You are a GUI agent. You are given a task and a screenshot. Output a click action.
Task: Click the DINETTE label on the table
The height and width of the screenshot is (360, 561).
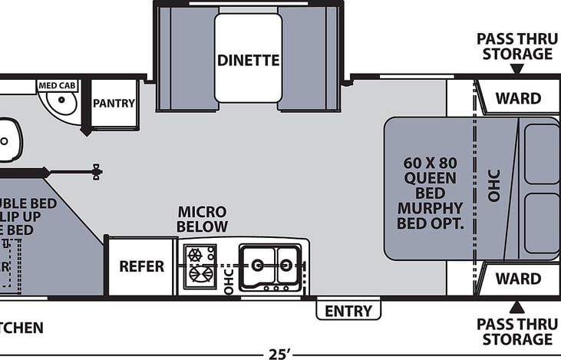click(247, 60)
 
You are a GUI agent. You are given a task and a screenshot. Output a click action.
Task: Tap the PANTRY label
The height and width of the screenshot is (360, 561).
click(114, 104)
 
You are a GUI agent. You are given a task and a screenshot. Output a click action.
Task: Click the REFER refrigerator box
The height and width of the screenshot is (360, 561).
click(141, 266)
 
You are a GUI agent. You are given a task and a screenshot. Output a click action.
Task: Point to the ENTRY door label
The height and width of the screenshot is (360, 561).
click(348, 311)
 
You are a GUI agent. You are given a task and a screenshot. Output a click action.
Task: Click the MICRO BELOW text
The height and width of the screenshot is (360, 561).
click(202, 219)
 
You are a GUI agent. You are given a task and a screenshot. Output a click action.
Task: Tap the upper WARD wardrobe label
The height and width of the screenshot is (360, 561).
click(517, 98)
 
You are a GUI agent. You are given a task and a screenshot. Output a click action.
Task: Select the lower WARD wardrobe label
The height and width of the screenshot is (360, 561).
click(517, 279)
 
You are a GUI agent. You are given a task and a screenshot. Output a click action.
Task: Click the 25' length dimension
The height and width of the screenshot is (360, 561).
click(279, 354)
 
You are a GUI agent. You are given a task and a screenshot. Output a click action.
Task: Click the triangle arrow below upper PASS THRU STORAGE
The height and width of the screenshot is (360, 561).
click(517, 69)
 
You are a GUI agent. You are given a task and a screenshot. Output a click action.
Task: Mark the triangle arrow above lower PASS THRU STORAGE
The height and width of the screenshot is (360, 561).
click(517, 305)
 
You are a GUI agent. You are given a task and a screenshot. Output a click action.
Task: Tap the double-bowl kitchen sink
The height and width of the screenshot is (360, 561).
click(271, 266)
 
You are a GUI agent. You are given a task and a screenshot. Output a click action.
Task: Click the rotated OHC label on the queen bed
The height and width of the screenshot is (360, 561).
click(493, 186)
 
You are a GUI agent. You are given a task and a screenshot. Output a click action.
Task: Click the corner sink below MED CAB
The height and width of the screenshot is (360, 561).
click(58, 104)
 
